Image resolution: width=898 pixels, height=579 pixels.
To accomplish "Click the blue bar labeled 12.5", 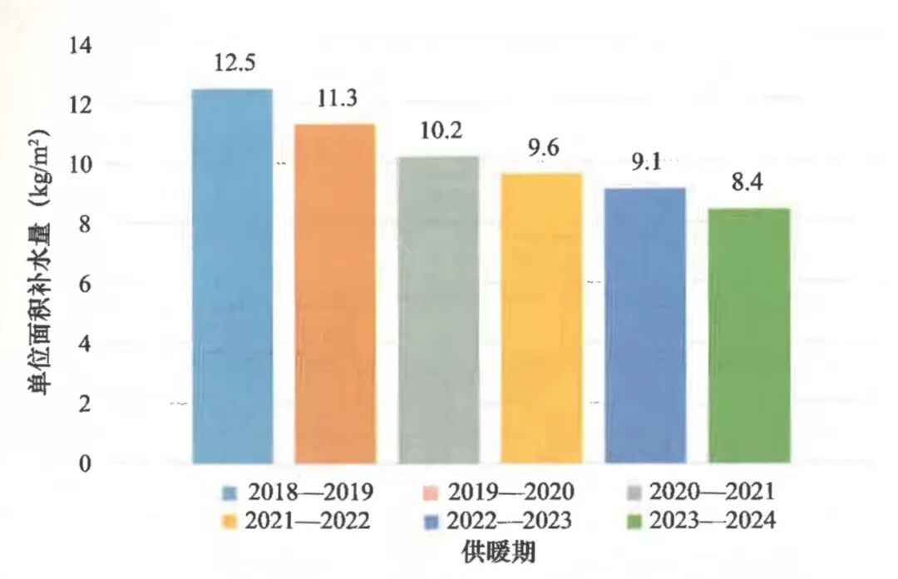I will coord(232,275).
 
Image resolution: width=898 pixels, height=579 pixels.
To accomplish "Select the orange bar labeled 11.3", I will coord(335,293).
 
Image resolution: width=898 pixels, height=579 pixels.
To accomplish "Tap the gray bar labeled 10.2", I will coord(439,309).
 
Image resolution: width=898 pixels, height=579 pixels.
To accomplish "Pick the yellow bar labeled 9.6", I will coord(541,318).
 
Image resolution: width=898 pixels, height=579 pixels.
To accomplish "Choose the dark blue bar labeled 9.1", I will coord(645,325).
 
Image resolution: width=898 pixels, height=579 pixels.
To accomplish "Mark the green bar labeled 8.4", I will coord(748,335).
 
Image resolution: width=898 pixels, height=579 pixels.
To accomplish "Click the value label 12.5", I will coord(234,62).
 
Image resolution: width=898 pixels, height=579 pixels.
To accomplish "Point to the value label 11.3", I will coord(337,97).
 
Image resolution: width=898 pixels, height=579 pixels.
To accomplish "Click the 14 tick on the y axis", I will coord(79,45).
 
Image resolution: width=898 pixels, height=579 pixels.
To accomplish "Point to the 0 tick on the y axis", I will coord(84,463).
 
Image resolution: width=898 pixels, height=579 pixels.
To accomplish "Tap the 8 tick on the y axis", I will coord(84,225).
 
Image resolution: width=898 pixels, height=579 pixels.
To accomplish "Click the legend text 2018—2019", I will coord(308,492).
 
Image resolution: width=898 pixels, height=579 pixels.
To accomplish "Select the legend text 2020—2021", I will coord(713,492).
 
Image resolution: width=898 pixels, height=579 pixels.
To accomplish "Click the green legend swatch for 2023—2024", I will coord(636,522).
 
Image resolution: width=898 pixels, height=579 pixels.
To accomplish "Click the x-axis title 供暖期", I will coord(497,552).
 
